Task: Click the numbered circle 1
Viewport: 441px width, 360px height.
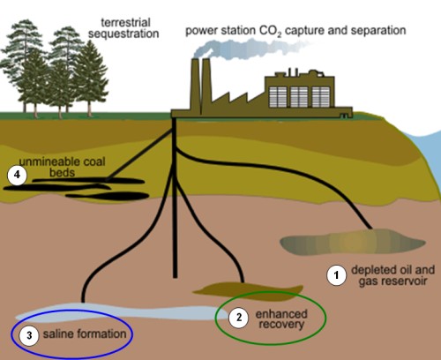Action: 337,275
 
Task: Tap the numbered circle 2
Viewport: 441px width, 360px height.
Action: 239,318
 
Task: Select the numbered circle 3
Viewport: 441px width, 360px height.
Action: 29,335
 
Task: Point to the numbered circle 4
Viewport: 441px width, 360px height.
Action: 17,176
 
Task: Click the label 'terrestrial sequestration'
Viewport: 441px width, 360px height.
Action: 123,28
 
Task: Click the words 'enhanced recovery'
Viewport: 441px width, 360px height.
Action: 281,319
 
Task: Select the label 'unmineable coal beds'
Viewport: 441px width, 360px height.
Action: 62,167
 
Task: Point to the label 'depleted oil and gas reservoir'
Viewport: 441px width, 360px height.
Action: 392,275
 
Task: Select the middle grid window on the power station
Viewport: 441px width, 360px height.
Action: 299,97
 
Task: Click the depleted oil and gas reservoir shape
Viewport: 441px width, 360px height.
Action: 352,242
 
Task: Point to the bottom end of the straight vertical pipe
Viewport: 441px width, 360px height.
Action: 175,277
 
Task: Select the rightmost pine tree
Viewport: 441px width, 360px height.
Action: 90,78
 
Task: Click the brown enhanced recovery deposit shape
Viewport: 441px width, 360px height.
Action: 248,291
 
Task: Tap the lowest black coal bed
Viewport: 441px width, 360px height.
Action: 108,196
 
